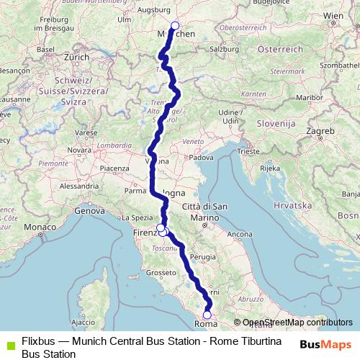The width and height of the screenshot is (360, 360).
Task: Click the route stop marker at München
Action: pyautogui.click(x=175, y=26)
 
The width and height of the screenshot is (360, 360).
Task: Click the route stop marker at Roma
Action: pyautogui.click(x=207, y=314)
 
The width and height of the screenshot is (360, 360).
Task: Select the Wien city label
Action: pyautogui.click(x=333, y=15)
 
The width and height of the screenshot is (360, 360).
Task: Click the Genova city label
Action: pyautogui.click(x=89, y=212)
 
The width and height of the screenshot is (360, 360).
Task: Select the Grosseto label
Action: pyautogui.click(x=161, y=274)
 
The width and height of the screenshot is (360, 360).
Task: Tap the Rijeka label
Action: pyautogui.click(x=269, y=168)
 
